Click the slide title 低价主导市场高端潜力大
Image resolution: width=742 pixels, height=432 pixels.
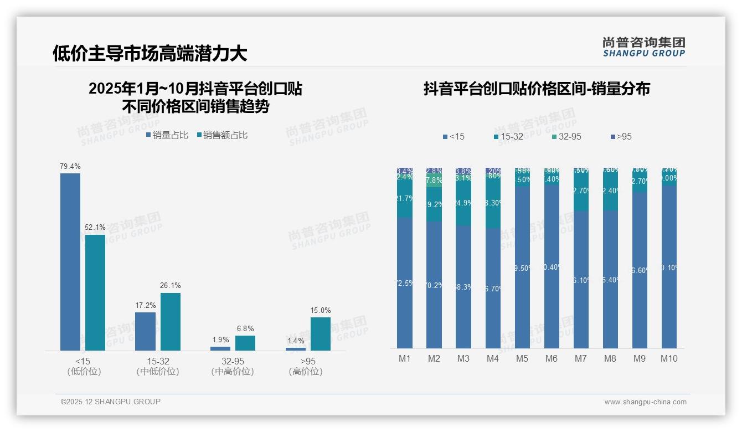pyautogui.click(x=150, y=54)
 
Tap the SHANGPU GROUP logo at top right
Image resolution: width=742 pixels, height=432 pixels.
pyautogui.click(x=643, y=47)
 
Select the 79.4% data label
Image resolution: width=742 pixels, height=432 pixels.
pyautogui.click(x=70, y=166)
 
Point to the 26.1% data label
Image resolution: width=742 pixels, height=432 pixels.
pyautogui.click(x=171, y=285)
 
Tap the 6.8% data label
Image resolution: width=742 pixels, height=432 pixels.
pyautogui.click(x=245, y=328)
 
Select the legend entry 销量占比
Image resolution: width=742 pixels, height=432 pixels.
pyautogui.click(x=167, y=135)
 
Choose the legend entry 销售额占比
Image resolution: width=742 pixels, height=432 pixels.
pyautogui.click(x=222, y=135)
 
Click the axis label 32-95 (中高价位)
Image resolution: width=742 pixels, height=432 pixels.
pyautogui.click(x=233, y=366)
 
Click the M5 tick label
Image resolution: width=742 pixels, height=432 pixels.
pyautogui.click(x=522, y=358)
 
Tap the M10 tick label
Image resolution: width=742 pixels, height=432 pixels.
pyautogui.click(x=668, y=358)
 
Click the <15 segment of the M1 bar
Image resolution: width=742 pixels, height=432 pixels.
pyautogui.click(x=405, y=282)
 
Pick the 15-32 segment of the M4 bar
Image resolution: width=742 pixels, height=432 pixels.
pyautogui.click(x=493, y=203)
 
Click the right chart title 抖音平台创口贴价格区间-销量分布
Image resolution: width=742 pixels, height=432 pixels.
pyautogui.click(x=537, y=89)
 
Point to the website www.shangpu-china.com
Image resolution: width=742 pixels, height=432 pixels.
pyautogui.click(x=645, y=402)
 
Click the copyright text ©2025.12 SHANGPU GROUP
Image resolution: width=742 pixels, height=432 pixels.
pyautogui.click(x=110, y=402)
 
